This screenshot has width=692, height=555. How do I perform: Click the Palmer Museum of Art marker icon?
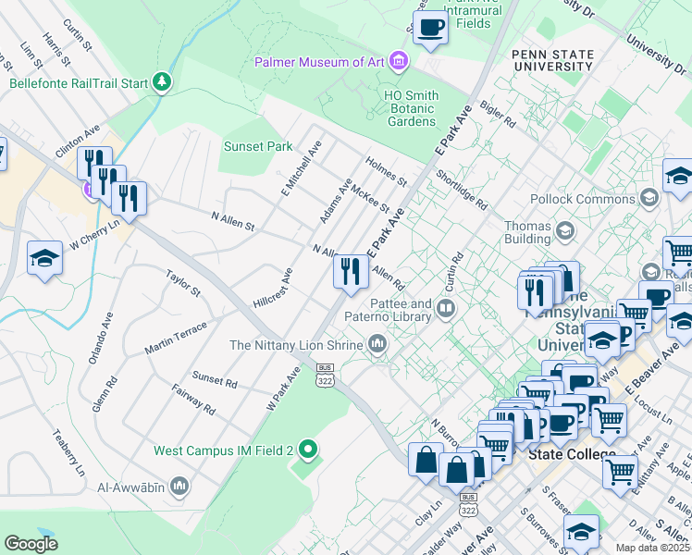(399, 62)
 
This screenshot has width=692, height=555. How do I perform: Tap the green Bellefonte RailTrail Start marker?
(163, 82)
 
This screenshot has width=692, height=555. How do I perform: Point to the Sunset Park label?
(258, 146)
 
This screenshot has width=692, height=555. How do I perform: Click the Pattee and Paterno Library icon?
(447, 308)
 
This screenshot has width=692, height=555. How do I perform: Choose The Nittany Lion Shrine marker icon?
(377, 345)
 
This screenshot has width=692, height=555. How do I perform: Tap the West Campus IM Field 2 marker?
(309, 450)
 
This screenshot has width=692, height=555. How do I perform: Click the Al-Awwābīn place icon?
(179, 485)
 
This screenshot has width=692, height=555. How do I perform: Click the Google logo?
(31, 543)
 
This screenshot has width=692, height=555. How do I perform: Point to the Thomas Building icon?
(562, 229)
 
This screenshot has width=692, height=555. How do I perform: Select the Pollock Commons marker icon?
(649, 198)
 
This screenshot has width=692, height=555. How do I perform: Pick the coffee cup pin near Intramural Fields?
(429, 28)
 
